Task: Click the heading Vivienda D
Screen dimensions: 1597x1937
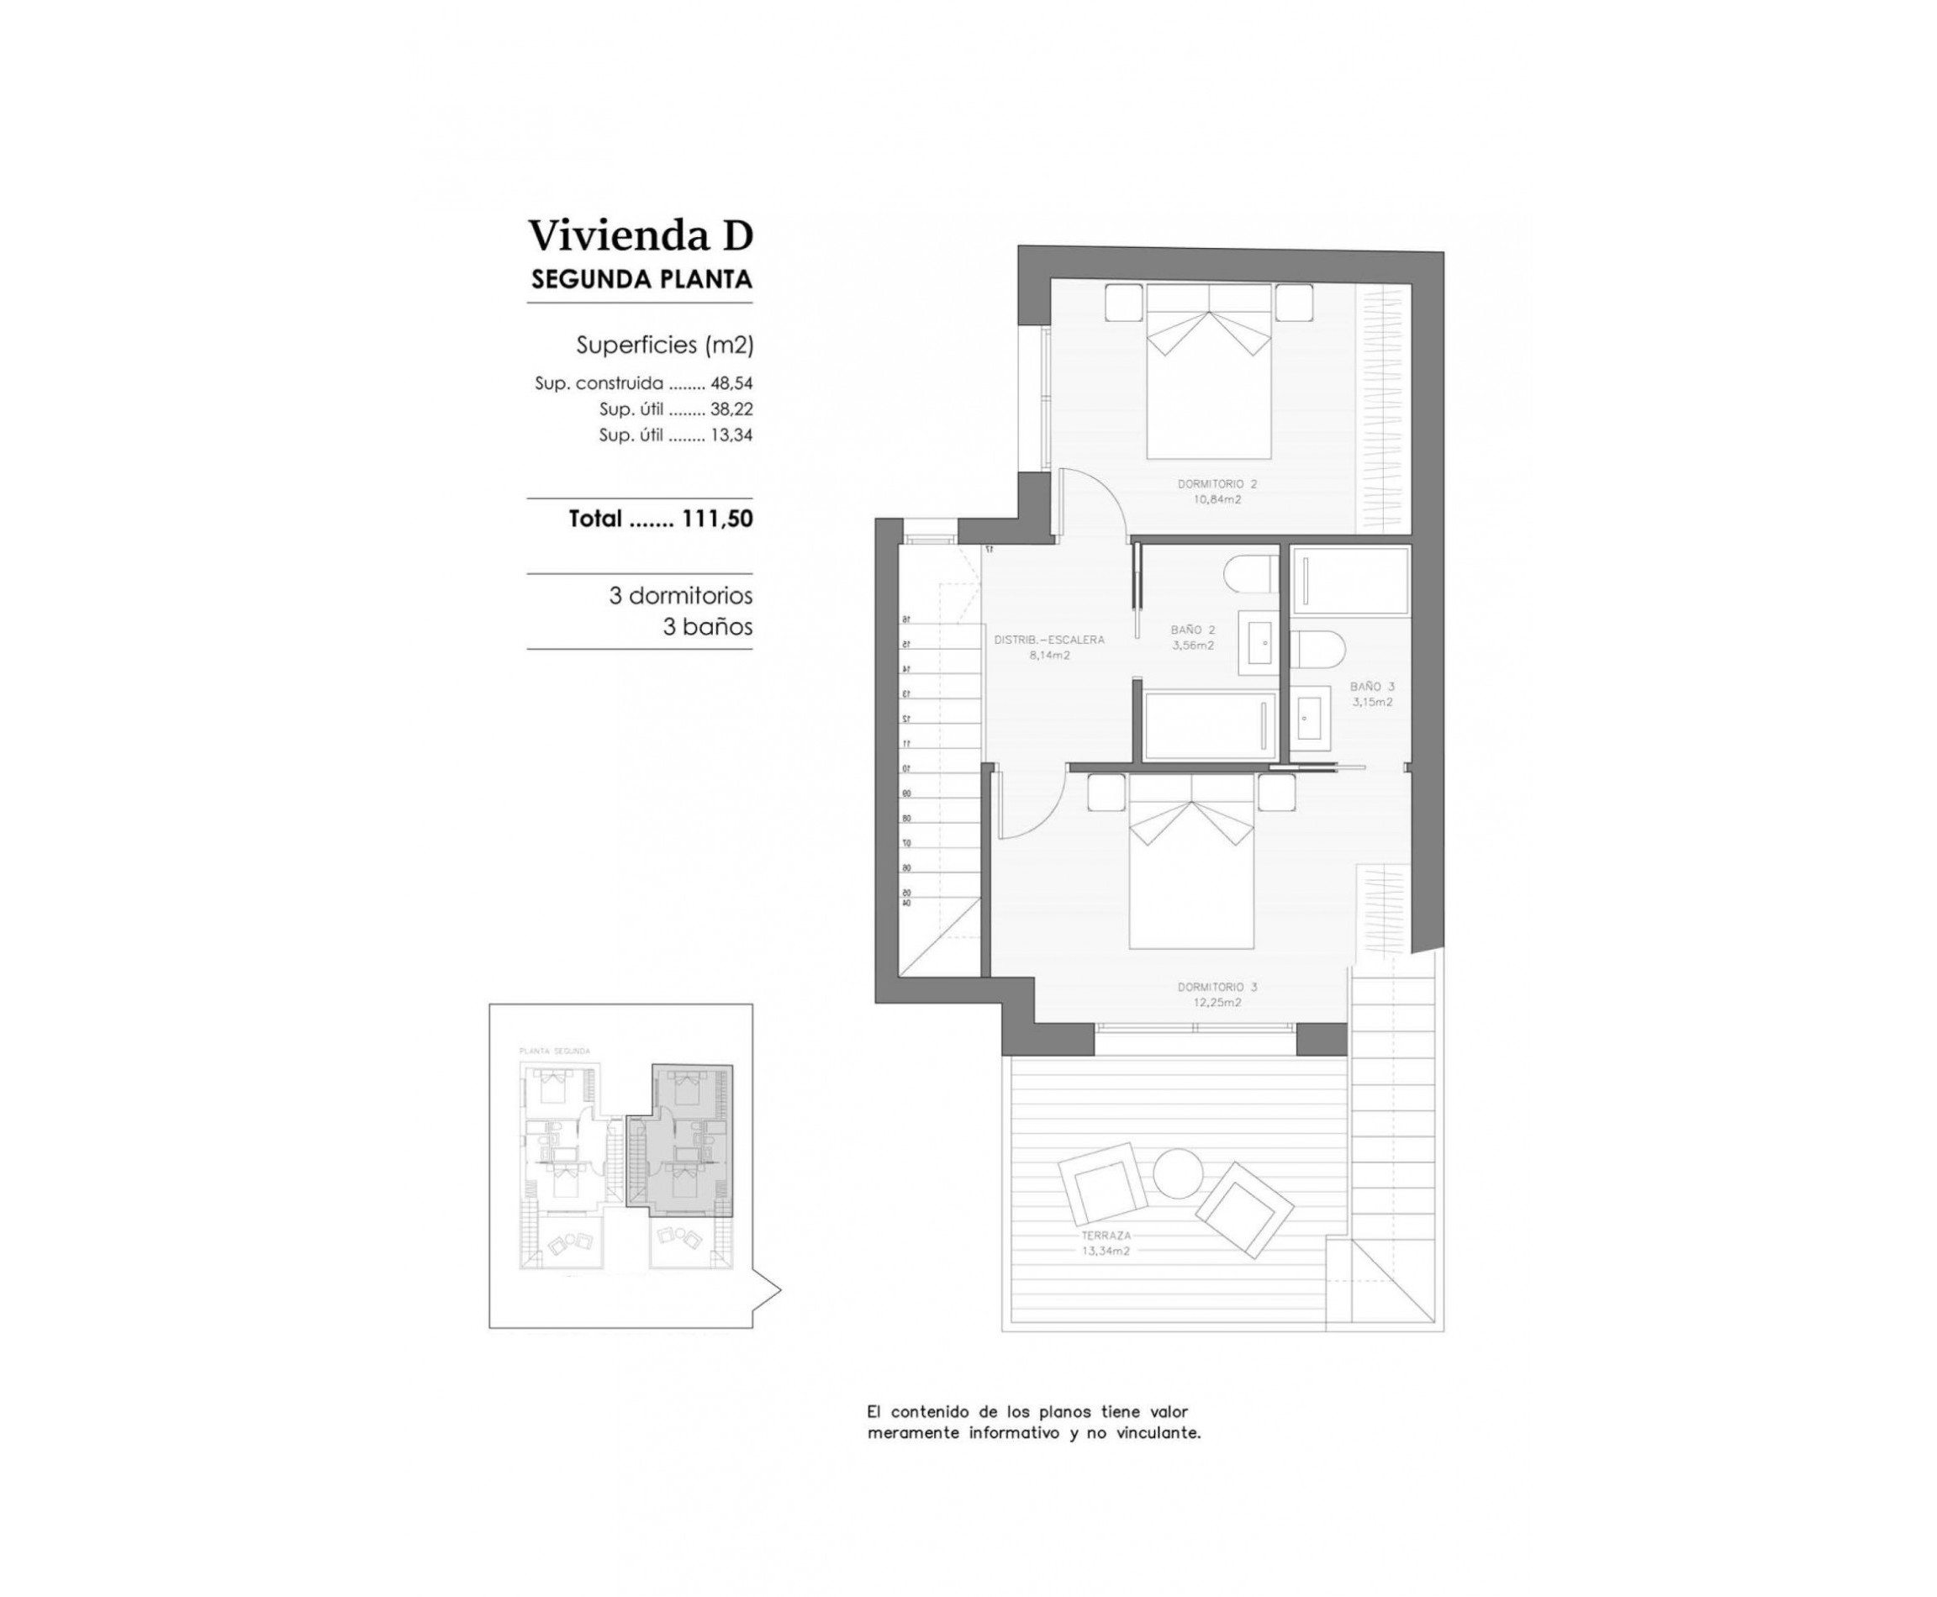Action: pyautogui.click(x=640, y=235)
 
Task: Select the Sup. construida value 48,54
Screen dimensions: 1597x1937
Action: pyautogui.click(x=731, y=383)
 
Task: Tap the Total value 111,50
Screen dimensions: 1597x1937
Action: pyautogui.click(x=717, y=519)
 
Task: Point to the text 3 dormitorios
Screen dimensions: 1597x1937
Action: pyautogui.click(x=680, y=595)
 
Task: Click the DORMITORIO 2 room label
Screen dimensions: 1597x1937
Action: pyautogui.click(x=1217, y=484)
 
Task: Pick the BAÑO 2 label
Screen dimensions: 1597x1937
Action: pyautogui.click(x=1193, y=630)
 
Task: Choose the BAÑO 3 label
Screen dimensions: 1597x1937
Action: pyautogui.click(x=1371, y=686)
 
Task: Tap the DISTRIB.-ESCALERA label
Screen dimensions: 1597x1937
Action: pyautogui.click(x=1049, y=640)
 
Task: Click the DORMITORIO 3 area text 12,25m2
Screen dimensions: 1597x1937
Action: pyautogui.click(x=1217, y=1003)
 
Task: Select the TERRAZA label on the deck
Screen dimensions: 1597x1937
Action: pyautogui.click(x=1106, y=1236)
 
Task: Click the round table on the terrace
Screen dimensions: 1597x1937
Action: pyautogui.click(x=1177, y=1174)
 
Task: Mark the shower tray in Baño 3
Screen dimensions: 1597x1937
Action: pyautogui.click(x=1349, y=582)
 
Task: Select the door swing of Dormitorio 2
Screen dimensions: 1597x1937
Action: pyautogui.click(x=1090, y=501)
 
